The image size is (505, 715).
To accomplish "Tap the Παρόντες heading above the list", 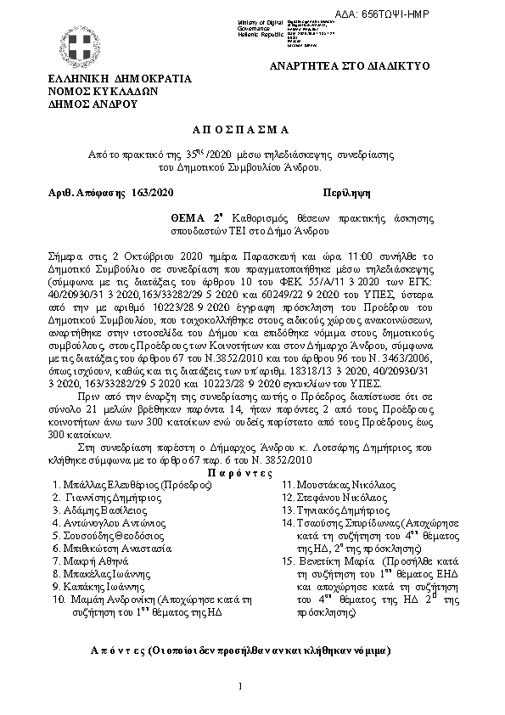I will pyautogui.click(x=240, y=471).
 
